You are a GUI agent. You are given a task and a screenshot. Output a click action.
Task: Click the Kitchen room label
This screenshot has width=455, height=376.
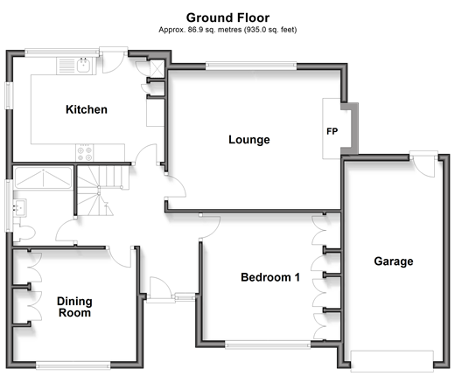click(87, 109)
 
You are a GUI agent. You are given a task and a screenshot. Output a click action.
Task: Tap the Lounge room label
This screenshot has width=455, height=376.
click(249, 140)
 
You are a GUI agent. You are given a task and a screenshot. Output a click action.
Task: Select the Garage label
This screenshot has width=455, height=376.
click(394, 261)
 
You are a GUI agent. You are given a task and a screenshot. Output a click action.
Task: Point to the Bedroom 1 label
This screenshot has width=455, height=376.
click(270, 277)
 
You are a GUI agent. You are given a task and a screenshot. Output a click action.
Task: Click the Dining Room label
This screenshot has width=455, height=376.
click(74, 307)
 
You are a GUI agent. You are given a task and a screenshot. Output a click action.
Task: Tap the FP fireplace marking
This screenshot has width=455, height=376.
click(332, 131)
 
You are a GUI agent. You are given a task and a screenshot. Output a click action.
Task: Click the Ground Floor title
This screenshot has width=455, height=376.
click(227, 17)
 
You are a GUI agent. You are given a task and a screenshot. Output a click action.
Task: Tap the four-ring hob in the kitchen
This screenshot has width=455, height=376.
click(85, 153)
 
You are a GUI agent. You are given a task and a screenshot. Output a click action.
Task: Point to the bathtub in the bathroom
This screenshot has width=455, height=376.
click(43, 178)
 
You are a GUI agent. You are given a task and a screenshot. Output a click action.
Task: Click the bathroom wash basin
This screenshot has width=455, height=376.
click(19, 207)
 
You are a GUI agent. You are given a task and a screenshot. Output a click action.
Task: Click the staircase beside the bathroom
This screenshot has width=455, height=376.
click(99, 190)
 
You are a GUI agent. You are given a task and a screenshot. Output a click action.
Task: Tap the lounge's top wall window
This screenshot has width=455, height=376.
click(251, 66)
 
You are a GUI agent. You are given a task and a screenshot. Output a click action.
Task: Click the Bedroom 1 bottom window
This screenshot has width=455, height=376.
click(268, 345)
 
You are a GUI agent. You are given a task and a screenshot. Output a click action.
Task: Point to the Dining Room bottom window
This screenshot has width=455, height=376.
click(73, 366)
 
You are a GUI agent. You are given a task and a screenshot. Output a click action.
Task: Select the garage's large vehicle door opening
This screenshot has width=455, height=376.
click(392, 361)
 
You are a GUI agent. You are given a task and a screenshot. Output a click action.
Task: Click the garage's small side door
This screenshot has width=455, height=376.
click(423, 164)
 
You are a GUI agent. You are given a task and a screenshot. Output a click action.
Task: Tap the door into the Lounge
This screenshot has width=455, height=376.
click(176, 187)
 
